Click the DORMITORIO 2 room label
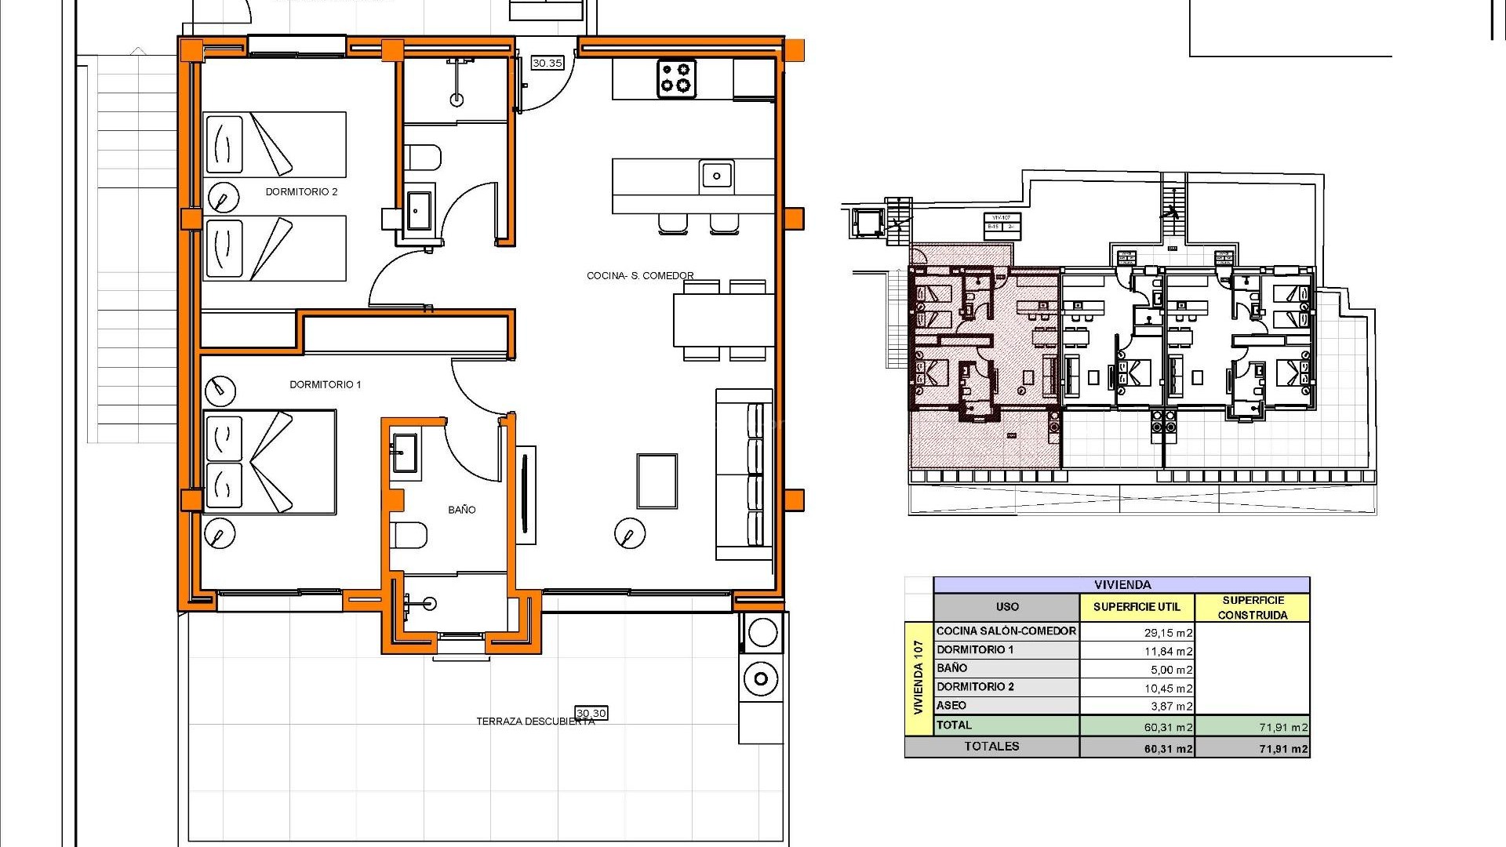pyautogui.click(x=301, y=191)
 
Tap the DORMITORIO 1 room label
pyautogui.click(x=325, y=384)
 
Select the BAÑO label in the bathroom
pyautogui.click(x=461, y=510)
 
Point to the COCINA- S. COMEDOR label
pyautogui.click(x=640, y=275)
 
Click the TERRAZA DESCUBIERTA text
pyautogui.click(x=535, y=722)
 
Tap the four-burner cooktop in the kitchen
pyautogui.click(x=676, y=78)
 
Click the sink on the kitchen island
pyautogui.click(x=715, y=176)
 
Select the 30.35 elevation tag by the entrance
pyautogui.click(x=547, y=63)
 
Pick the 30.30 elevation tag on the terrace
pyautogui.click(x=591, y=713)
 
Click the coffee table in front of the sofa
pyautogui.click(x=657, y=481)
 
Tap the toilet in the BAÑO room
pyautogui.click(x=410, y=536)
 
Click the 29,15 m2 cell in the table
pyautogui.click(x=1168, y=632)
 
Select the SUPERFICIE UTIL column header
pyautogui.click(x=1136, y=606)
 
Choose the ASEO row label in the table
pyautogui.click(x=951, y=705)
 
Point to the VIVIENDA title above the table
pyautogui.click(x=1122, y=584)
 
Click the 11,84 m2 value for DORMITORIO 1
pyautogui.click(x=1168, y=651)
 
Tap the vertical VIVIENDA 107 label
pyautogui.click(x=919, y=677)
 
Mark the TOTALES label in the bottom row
pyautogui.click(x=991, y=747)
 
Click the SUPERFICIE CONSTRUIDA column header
pyautogui.click(x=1253, y=607)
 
